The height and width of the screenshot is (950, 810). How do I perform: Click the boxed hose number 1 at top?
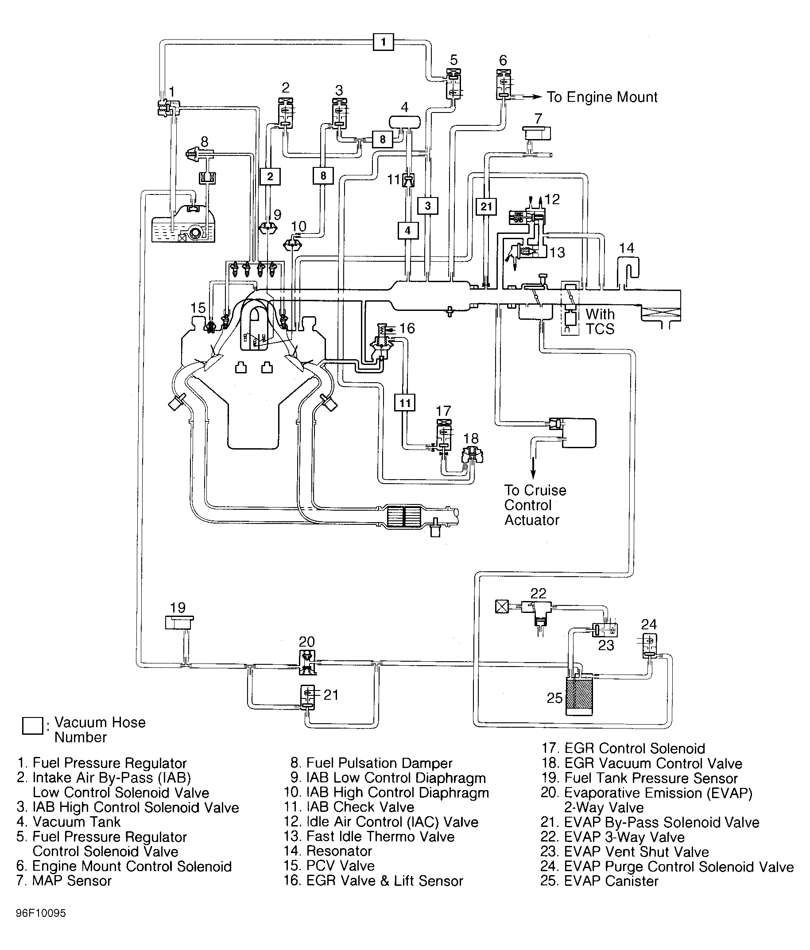pyautogui.click(x=383, y=42)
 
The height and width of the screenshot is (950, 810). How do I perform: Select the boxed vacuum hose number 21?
pyautogui.click(x=486, y=206)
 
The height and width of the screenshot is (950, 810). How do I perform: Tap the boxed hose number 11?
pyautogui.click(x=405, y=403)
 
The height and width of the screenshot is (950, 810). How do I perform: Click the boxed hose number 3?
pyautogui.click(x=428, y=206)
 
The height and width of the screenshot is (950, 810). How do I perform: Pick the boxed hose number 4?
pyautogui.click(x=407, y=230)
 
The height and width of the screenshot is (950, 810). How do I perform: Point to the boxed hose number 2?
pyautogui.click(x=270, y=176)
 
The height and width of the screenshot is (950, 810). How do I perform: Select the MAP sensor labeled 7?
pyautogui.click(x=537, y=133)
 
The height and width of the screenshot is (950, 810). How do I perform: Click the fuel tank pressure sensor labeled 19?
pyautogui.click(x=179, y=623)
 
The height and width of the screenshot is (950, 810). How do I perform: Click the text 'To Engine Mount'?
pyautogui.click(x=602, y=97)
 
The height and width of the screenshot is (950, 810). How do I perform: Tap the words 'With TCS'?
pyautogui.click(x=600, y=322)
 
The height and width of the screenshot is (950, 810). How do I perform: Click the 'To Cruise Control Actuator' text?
pyautogui.click(x=535, y=505)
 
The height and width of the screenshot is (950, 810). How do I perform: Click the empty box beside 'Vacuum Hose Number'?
pyautogui.click(x=32, y=726)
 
